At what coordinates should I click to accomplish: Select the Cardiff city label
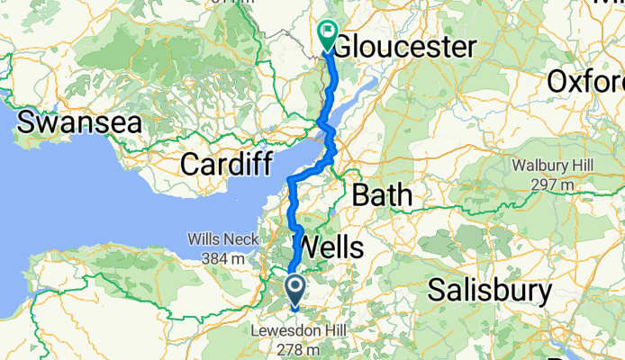(x=225, y=165)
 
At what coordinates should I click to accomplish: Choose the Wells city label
(x=330, y=246)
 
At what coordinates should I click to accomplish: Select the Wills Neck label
(x=223, y=240)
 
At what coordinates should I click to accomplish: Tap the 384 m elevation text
(x=223, y=258)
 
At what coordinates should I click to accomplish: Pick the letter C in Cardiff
(x=190, y=165)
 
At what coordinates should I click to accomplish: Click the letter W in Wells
(x=306, y=246)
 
